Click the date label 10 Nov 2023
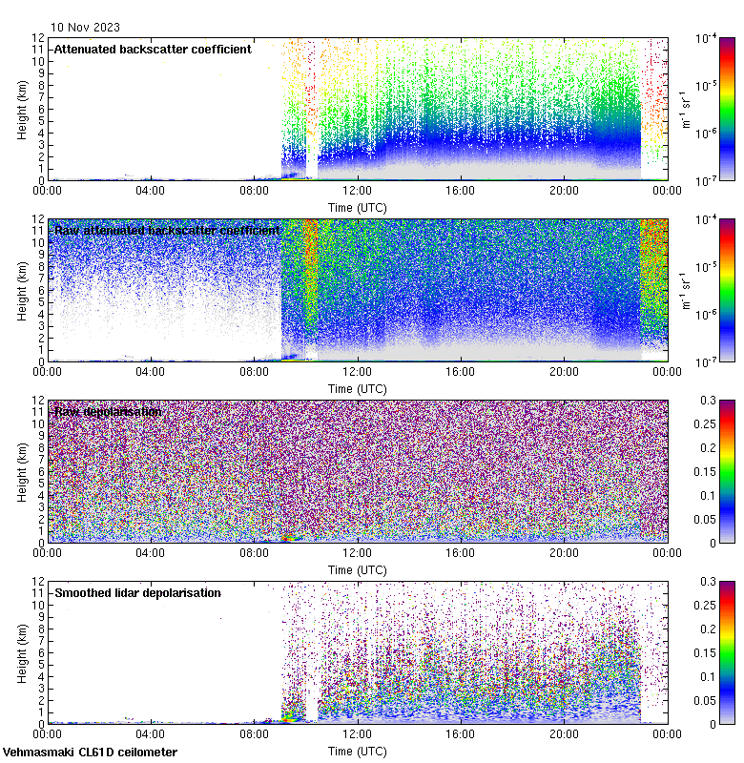coord(86,27)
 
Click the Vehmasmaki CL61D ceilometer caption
coord(89,753)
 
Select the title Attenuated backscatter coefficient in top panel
coord(153,49)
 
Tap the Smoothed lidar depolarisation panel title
coord(137,593)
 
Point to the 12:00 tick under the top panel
coord(357,191)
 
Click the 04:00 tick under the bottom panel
coord(151,734)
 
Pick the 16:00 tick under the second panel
coord(460,372)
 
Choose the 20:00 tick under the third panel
coord(563,553)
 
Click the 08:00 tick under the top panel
coord(254,191)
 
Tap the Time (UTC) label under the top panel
coord(357,206)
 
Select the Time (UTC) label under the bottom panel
coord(357,751)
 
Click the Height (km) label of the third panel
coord(22,471)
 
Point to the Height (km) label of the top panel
coord(22,109)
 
